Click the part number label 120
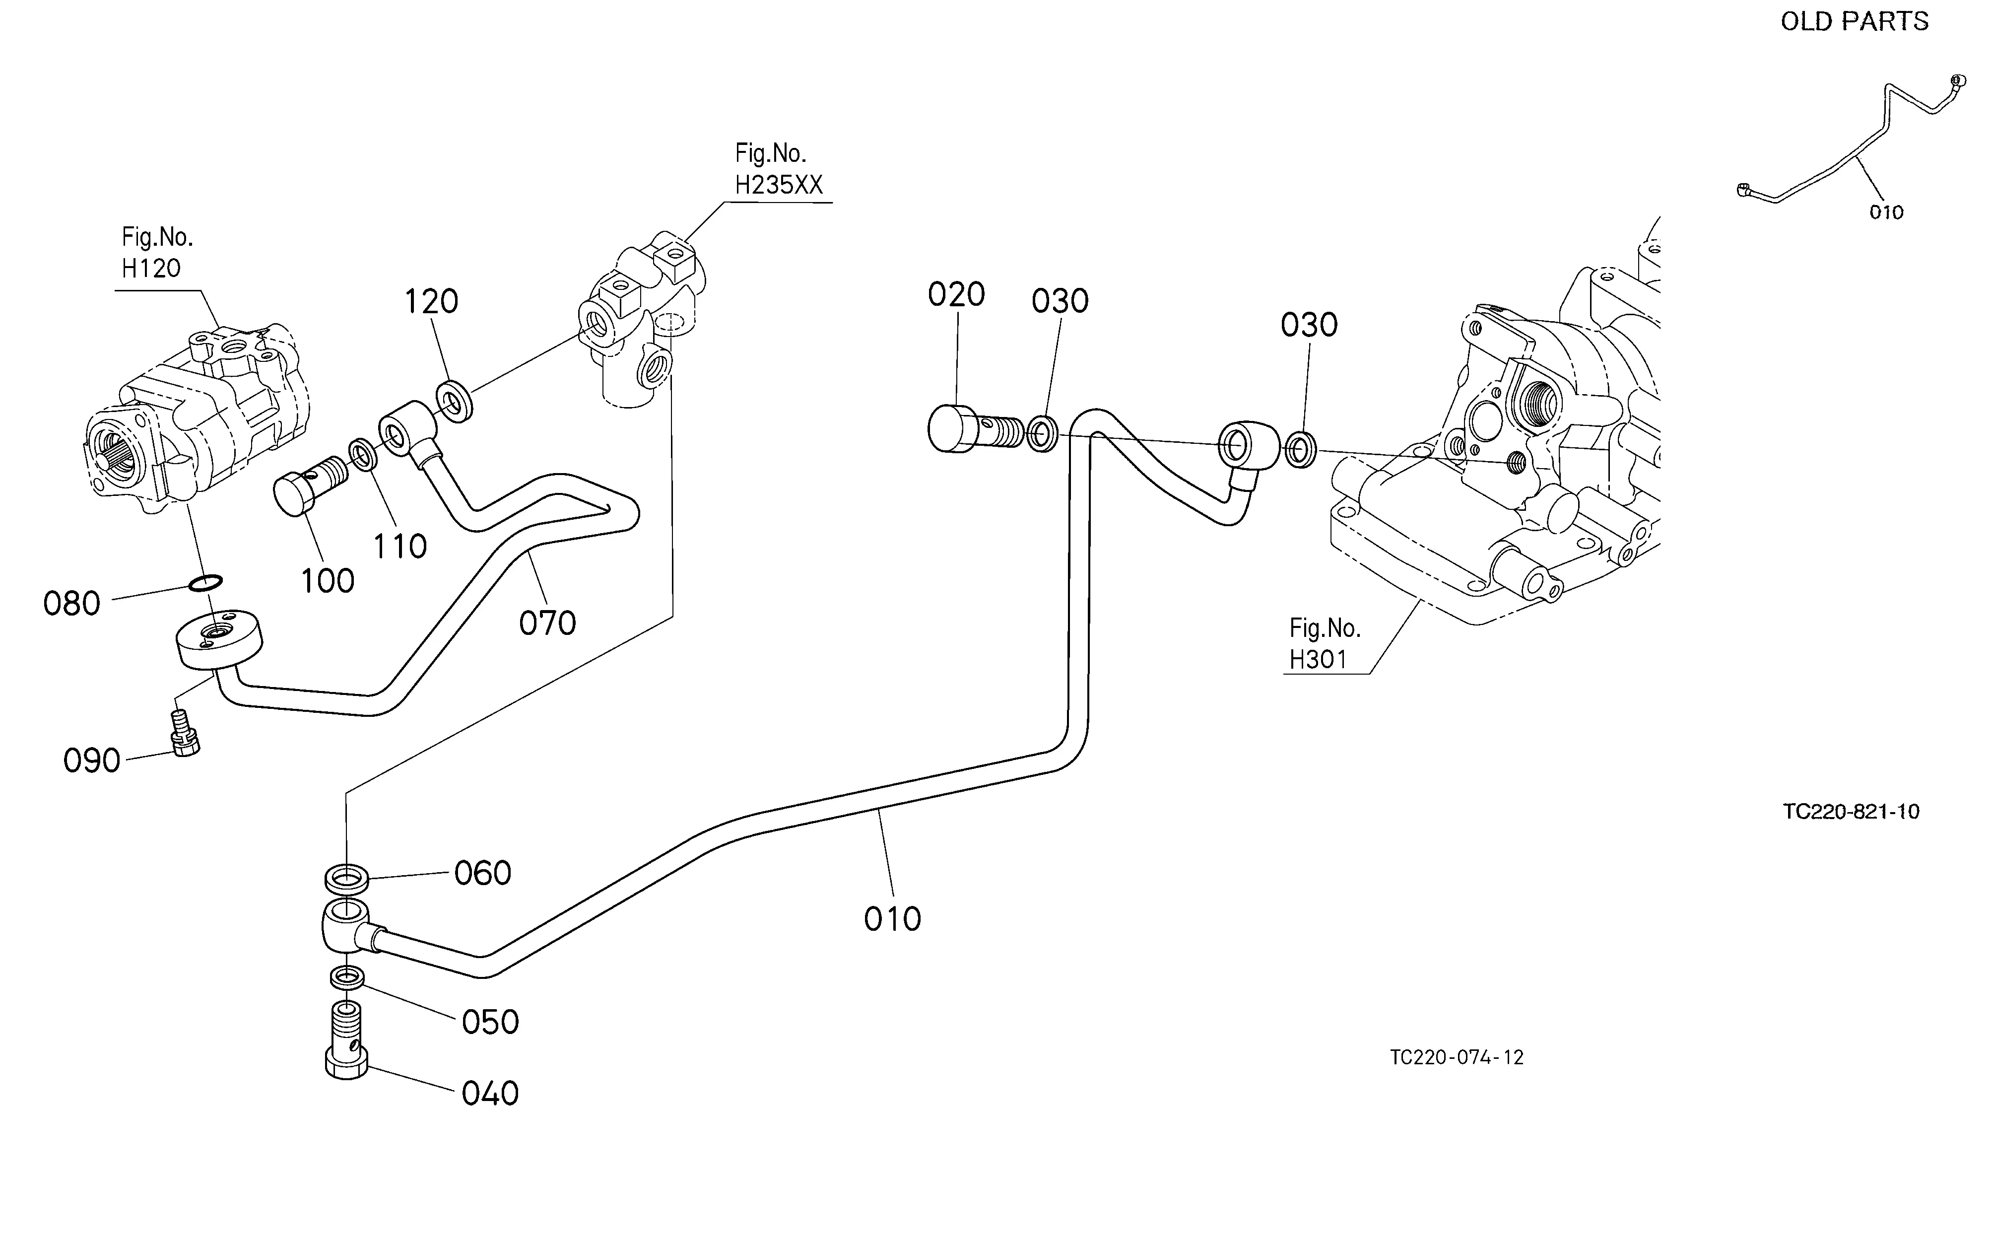(431, 302)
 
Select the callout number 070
(547, 623)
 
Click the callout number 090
(92, 760)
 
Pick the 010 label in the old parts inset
(1886, 212)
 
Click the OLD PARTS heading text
(1854, 21)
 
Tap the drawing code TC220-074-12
(1457, 1057)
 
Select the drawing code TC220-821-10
(1851, 812)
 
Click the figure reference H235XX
(778, 185)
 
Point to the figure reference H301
(1318, 659)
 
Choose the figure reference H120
(151, 268)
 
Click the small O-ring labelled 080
(204, 583)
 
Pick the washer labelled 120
(454, 401)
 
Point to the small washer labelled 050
(348, 978)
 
